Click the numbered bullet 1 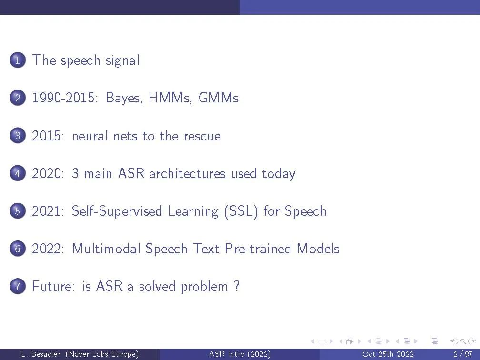(x=18, y=60)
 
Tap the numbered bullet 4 (x=18, y=173)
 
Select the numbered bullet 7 (x=18, y=286)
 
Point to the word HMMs (x=170, y=98)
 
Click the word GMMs (x=218, y=98)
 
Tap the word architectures (x=187, y=173)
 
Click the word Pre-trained (x=258, y=248)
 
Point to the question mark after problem (x=236, y=286)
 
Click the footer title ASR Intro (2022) (x=240, y=354)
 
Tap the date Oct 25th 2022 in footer (x=388, y=354)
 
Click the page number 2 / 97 (x=463, y=354)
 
